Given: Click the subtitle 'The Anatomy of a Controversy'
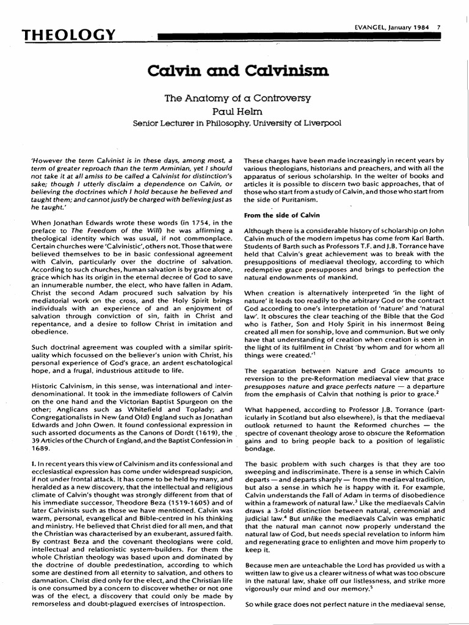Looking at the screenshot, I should [x=235, y=98].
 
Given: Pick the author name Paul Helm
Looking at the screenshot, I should [x=235, y=111].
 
